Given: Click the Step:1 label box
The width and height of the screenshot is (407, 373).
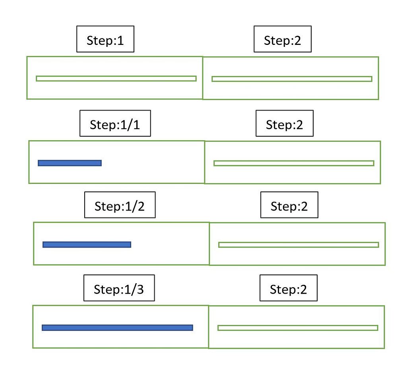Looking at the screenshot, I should click(x=105, y=39).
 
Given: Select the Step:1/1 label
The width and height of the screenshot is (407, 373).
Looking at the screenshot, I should click(x=115, y=124).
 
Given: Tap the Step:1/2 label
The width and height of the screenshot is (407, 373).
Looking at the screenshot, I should click(x=120, y=205).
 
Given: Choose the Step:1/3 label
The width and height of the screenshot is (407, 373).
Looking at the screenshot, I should click(x=119, y=288).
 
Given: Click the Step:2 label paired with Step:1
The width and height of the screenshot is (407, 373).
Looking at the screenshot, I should click(x=283, y=39).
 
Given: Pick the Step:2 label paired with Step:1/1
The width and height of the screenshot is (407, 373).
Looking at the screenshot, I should click(x=285, y=124).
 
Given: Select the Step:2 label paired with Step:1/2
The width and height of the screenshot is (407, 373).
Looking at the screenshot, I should click(x=289, y=205).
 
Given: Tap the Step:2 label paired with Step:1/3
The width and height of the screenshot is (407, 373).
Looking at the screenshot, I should click(x=289, y=288).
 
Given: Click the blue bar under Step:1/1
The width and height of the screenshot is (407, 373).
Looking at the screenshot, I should click(x=70, y=163).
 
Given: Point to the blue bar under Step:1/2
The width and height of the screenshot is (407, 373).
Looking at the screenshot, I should click(x=87, y=245).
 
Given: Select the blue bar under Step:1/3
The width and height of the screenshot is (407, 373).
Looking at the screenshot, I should click(x=117, y=328).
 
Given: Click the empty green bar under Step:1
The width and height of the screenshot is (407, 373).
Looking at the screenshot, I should click(x=116, y=78).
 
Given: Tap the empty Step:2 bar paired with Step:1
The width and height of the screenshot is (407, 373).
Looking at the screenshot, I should click(x=292, y=79).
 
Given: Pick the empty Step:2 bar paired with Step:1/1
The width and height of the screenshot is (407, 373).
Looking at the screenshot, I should click(x=294, y=163).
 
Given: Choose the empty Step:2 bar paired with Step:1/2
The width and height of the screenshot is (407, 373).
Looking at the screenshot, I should click(x=298, y=245).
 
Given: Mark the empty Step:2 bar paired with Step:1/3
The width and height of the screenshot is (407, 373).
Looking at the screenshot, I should click(x=298, y=328).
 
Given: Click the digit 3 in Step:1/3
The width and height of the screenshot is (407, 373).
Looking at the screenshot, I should click(x=140, y=289).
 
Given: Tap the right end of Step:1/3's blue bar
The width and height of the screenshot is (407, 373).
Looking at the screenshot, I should click(x=191, y=328).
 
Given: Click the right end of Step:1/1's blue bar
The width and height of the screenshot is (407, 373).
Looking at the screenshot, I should click(x=100, y=163).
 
